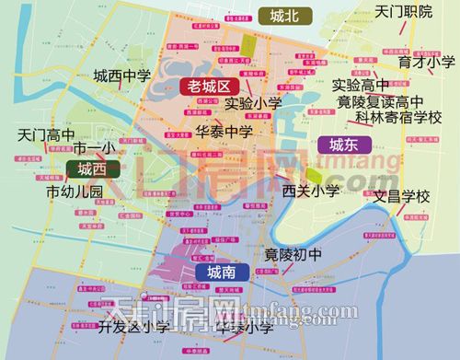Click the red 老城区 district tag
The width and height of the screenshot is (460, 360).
tap(208, 86)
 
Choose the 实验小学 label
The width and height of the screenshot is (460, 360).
tap(253, 103)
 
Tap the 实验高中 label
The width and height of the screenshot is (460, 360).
tap(362, 85)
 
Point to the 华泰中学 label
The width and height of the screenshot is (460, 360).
tap(224, 132)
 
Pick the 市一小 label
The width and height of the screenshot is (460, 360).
tap(92, 149)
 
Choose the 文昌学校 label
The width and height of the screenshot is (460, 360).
tap(401, 196)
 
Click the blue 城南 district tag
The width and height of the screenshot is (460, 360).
tap(222, 273)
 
